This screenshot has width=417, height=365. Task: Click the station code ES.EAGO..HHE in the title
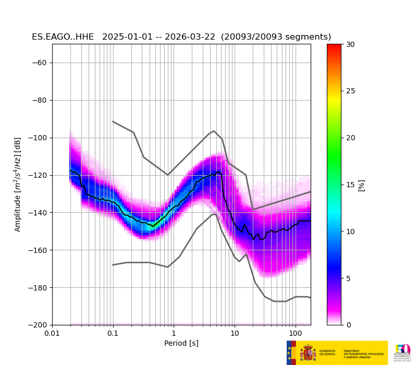pos(63,37)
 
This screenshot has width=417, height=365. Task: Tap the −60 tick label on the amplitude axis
pos(40,63)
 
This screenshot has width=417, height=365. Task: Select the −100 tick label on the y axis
pos(38,138)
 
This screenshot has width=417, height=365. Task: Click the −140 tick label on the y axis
pos(38,213)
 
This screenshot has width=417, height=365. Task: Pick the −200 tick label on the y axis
pos(38,325)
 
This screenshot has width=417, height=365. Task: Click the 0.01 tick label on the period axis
pos(52,333)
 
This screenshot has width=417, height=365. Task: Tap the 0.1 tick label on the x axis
pos(113,333)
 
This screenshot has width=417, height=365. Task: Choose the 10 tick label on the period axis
pos(235,333)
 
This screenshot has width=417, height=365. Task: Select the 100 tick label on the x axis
pos(296,333)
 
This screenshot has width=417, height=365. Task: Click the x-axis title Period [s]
pos(181,343)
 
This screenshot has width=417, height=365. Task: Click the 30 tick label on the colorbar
pos(350,44)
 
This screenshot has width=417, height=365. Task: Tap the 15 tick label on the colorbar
pos(350,185)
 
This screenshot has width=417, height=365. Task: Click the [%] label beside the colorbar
pos(361,185)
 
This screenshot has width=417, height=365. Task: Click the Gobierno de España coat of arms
pos(308,353)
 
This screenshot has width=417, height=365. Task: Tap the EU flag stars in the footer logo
pos(290,353)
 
